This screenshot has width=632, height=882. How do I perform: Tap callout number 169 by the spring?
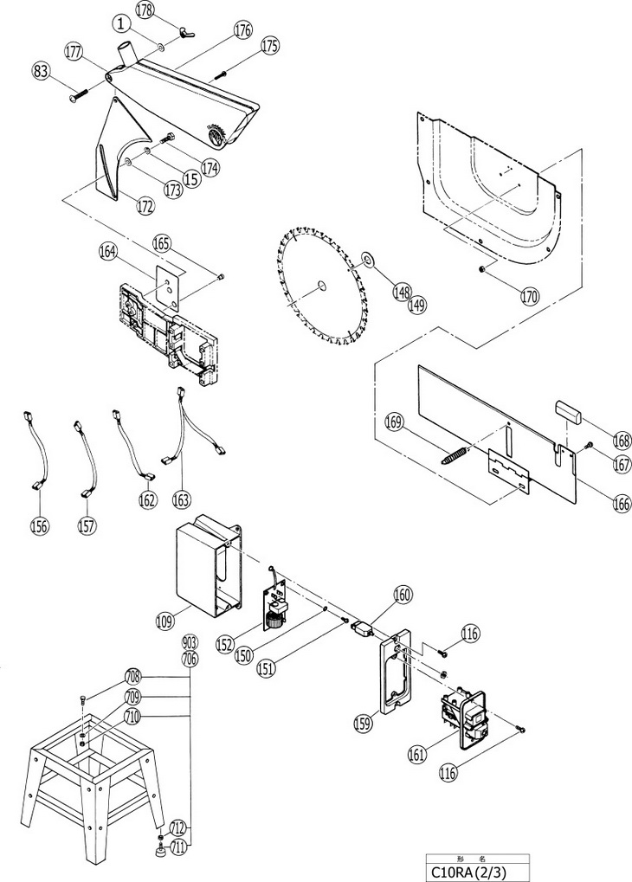pyautogui.click(x=395, y=422)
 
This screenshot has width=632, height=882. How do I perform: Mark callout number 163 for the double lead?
pyautogui.click(x=181, y=498)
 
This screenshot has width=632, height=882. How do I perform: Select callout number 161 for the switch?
pyautogui.click(x=417, y=754)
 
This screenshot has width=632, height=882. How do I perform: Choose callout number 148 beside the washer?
pyautogui.click(x=401, y=293)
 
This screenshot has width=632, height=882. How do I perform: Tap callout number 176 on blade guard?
pyautogui.click(x=242, y=29)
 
